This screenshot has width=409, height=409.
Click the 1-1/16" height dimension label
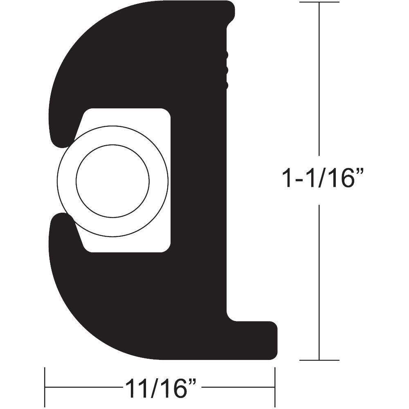tap(323, 179)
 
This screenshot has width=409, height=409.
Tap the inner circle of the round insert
tap(112, 180)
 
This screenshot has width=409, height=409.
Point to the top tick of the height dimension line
tap(319, 2)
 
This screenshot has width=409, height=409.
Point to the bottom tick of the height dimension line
tap(319, 360)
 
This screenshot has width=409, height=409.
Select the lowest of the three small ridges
tap(226, 85)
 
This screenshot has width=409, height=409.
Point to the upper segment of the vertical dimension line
tap(319, 82)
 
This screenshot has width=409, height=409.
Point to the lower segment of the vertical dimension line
tap(319, 282)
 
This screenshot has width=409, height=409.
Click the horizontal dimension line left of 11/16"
tap(82, 387)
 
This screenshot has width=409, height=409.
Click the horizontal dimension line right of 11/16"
tap(237, 387)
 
